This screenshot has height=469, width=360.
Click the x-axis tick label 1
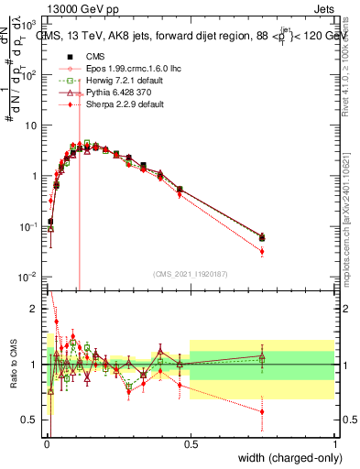[334, 442]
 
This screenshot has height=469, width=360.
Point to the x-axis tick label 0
[46, 442]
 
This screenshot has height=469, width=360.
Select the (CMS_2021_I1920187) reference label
[191, 273]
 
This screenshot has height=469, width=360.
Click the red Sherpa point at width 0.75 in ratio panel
[262, 412]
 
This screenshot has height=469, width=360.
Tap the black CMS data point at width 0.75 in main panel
[262, 237]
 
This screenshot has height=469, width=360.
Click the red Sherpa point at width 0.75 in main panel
[262, 251]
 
